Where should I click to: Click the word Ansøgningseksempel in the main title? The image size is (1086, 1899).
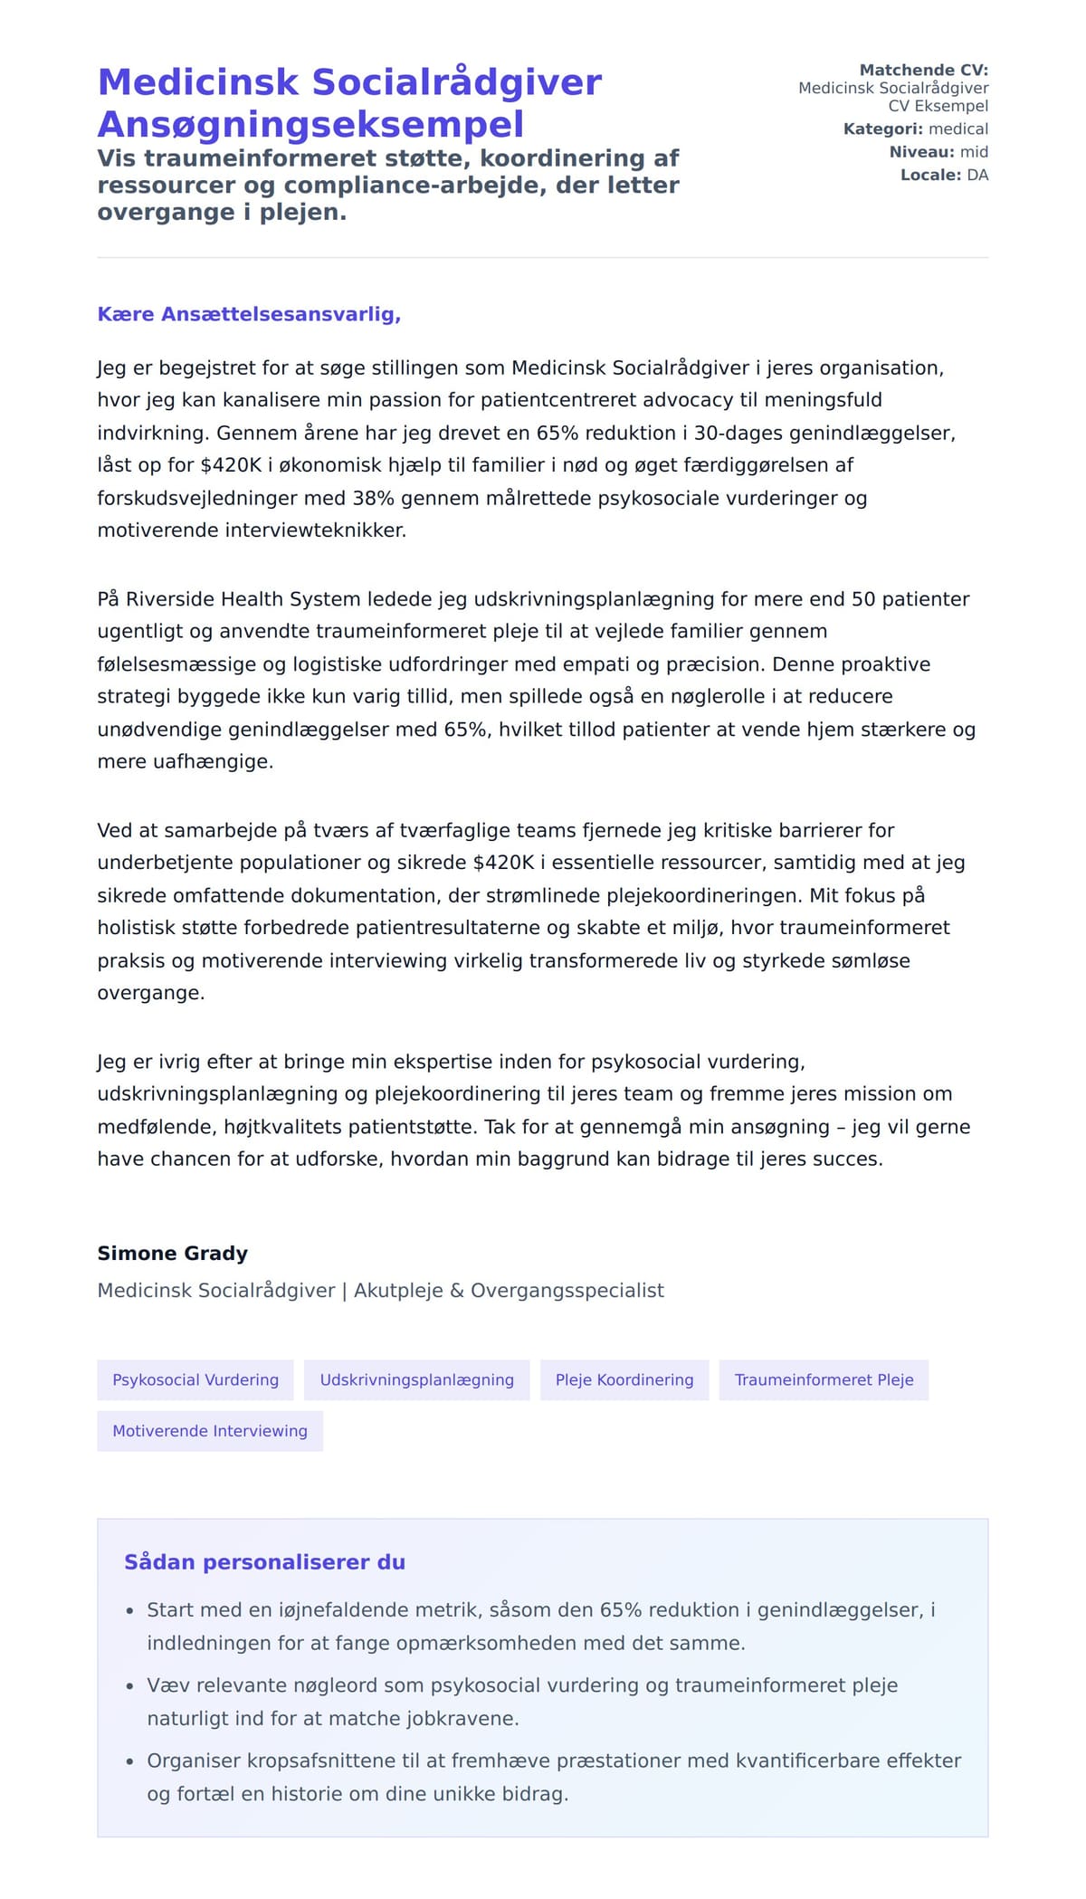tap(310, 125)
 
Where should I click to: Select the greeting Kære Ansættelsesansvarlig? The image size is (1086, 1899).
tap(249, 315)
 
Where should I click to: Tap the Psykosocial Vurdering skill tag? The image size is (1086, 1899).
tap(195, 1380)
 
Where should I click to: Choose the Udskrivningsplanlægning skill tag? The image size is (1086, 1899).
tap(416, 1380)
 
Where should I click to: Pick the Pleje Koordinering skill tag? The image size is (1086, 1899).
tap(624, 1380)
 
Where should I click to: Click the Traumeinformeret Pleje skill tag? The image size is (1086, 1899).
tap(824, 1380)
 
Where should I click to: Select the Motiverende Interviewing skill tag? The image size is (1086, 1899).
tap(210, 1431)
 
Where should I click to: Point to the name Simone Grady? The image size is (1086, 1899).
tap(173, 1254)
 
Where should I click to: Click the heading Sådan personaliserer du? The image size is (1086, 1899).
tap(264, 1562)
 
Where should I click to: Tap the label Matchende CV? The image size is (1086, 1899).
tap(923, 71)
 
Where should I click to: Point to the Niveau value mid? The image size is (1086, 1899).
tap(974, 152)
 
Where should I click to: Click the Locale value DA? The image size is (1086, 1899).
tap(977, 175)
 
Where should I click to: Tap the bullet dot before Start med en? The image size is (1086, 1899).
tap(129, 1611)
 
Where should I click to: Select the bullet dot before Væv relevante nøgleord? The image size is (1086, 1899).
tap(129, 1686)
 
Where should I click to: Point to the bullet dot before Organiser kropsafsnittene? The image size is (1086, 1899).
tap(129, 1761)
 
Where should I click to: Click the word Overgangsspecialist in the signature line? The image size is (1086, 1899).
tap(567, 1291)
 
